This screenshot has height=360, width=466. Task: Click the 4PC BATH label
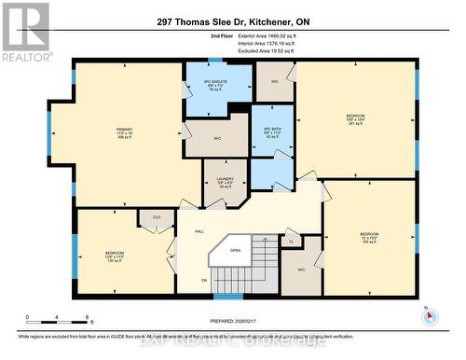point(271,132)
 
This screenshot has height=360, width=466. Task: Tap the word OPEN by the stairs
point(235,250)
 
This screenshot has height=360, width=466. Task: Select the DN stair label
point(204,280)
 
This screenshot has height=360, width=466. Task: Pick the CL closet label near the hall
point(290,242)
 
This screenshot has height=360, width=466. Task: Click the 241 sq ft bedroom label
point(356,119)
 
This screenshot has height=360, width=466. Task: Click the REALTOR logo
point(24,34)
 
